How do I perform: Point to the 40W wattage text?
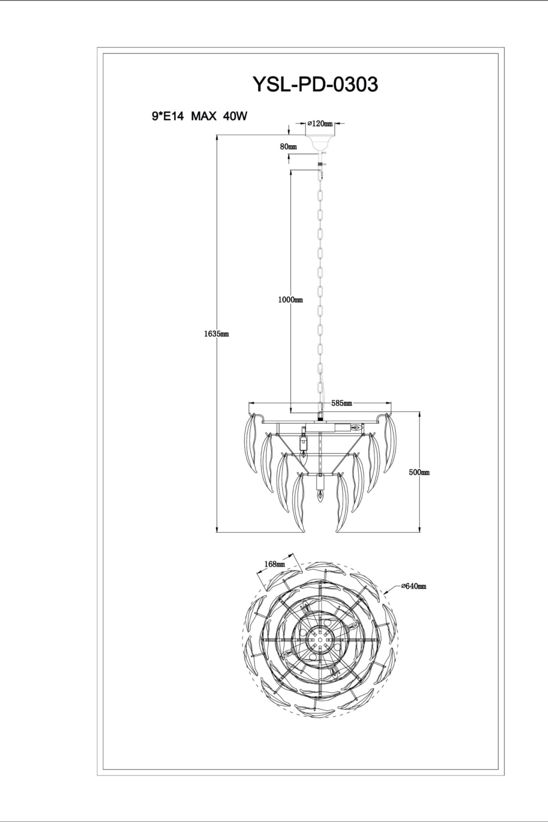(236, 117)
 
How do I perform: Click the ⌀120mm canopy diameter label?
(321, 124)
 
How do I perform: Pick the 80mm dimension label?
(288, 147)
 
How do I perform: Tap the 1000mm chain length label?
(290, 300)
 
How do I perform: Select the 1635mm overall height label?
(215, 333)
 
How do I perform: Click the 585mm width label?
(341, 403)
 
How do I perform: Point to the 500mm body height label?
(419, 472)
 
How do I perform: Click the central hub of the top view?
(320, 638)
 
